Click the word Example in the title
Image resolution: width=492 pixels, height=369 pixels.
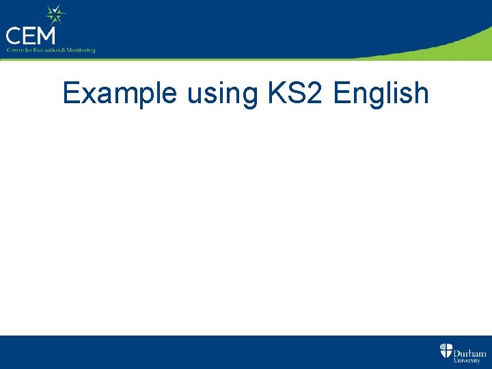(x=120, y=93)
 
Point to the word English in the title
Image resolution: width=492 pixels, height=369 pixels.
(x=381, y=93)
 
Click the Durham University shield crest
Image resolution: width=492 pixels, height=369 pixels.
(x=446, y=351)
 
